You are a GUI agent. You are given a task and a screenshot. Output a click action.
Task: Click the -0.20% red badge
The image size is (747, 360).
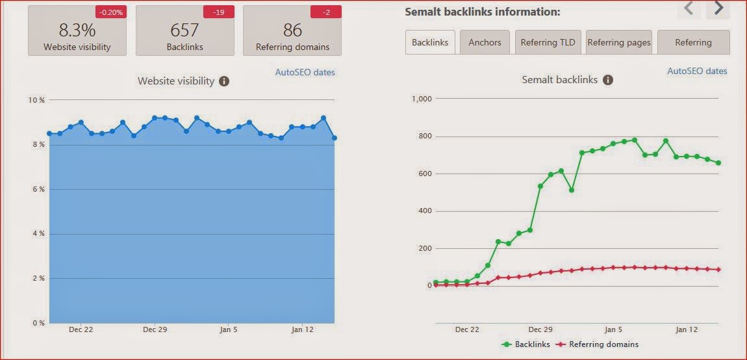click(110, 12)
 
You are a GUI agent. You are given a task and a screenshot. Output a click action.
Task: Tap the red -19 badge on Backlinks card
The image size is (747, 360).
click(218, 12)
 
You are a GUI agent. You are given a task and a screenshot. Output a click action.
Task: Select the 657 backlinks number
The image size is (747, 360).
click(184, 30)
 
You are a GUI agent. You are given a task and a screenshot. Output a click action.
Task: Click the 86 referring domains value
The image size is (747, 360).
click(292, 30)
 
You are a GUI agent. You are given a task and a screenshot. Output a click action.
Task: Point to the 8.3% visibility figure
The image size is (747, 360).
click(77, 30)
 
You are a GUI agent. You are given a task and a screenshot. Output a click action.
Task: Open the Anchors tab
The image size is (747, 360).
click(485, 42)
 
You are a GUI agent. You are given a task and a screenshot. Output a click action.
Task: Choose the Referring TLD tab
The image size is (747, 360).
click(548, 42)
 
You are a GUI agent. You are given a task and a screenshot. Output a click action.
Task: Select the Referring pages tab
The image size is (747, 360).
click(619, 42)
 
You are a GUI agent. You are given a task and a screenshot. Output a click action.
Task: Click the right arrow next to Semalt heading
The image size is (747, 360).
click(718, 8)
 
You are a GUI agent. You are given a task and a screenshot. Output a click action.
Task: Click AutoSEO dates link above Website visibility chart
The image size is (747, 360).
click(305, 72)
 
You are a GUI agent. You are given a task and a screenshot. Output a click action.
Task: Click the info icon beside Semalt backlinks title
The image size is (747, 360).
click(608, 80)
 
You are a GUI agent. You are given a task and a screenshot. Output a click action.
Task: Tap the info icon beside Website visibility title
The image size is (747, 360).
click(224, 81)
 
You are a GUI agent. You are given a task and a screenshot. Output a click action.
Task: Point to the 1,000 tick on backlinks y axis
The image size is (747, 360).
click(420, 99)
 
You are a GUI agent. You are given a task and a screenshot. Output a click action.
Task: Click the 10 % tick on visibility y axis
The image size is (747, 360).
click(36, 100)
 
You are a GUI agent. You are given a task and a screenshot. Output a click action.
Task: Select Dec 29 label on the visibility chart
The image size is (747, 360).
click(155, 329)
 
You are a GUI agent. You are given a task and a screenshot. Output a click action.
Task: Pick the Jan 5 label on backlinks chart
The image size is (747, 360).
click(613, 329)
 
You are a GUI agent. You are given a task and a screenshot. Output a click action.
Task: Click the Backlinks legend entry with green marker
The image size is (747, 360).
click(527, 344)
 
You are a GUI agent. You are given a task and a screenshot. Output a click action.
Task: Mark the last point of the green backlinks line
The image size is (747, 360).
click(718, 163)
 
